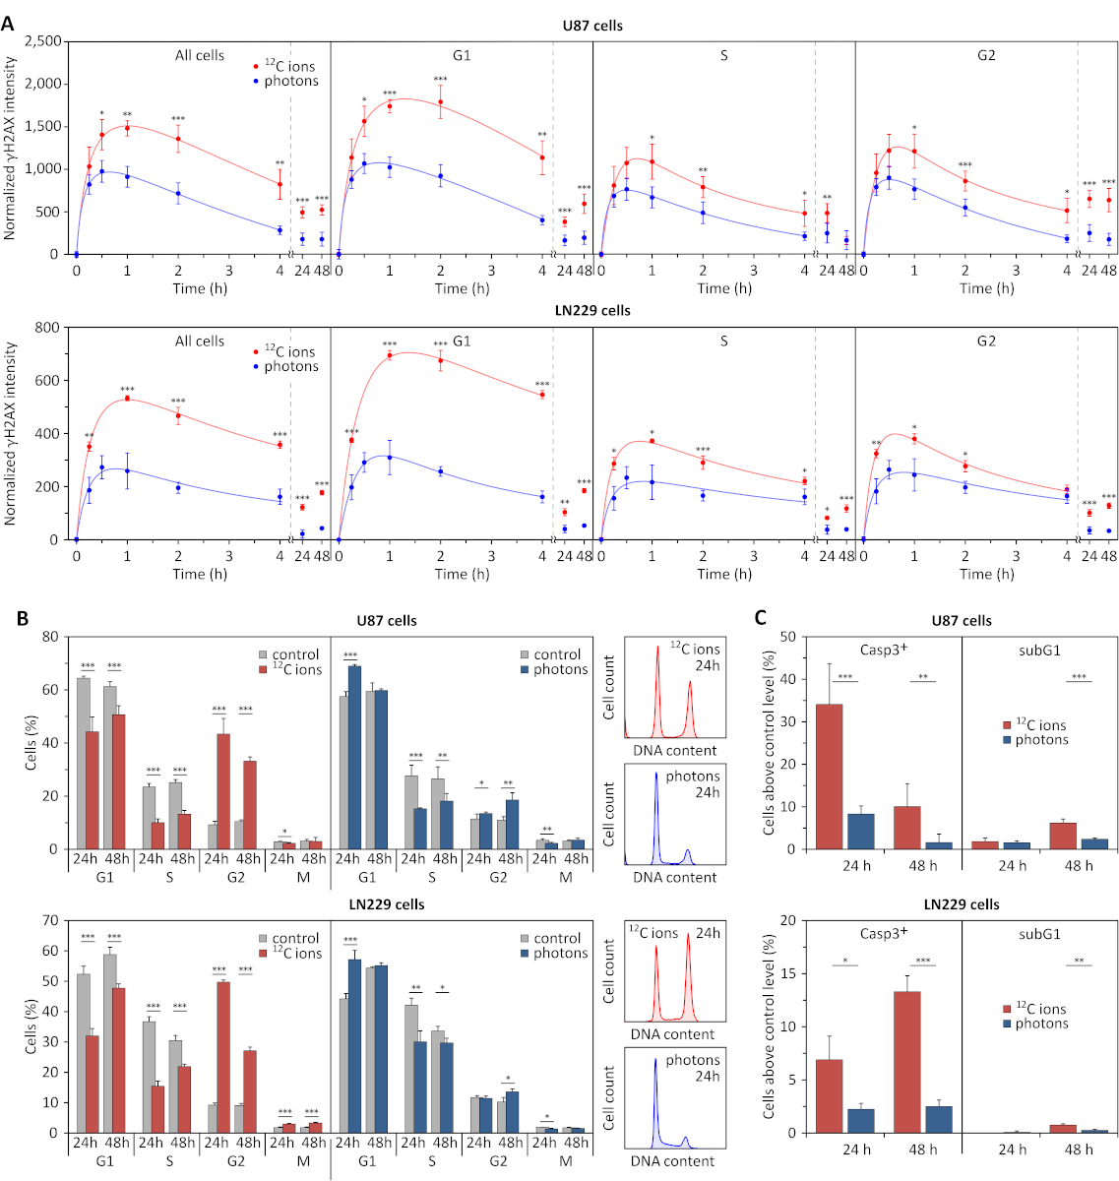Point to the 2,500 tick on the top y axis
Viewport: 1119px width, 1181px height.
[x=44, y=41]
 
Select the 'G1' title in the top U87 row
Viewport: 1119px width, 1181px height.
[x=462, y=56]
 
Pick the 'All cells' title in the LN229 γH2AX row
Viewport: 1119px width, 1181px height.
[x=200, y=342]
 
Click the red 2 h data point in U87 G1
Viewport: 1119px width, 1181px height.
[x=440, y=102]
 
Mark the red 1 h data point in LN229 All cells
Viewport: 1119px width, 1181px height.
[x=127, y=399]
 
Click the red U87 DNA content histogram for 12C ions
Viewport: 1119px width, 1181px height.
[x=673, y=699]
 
